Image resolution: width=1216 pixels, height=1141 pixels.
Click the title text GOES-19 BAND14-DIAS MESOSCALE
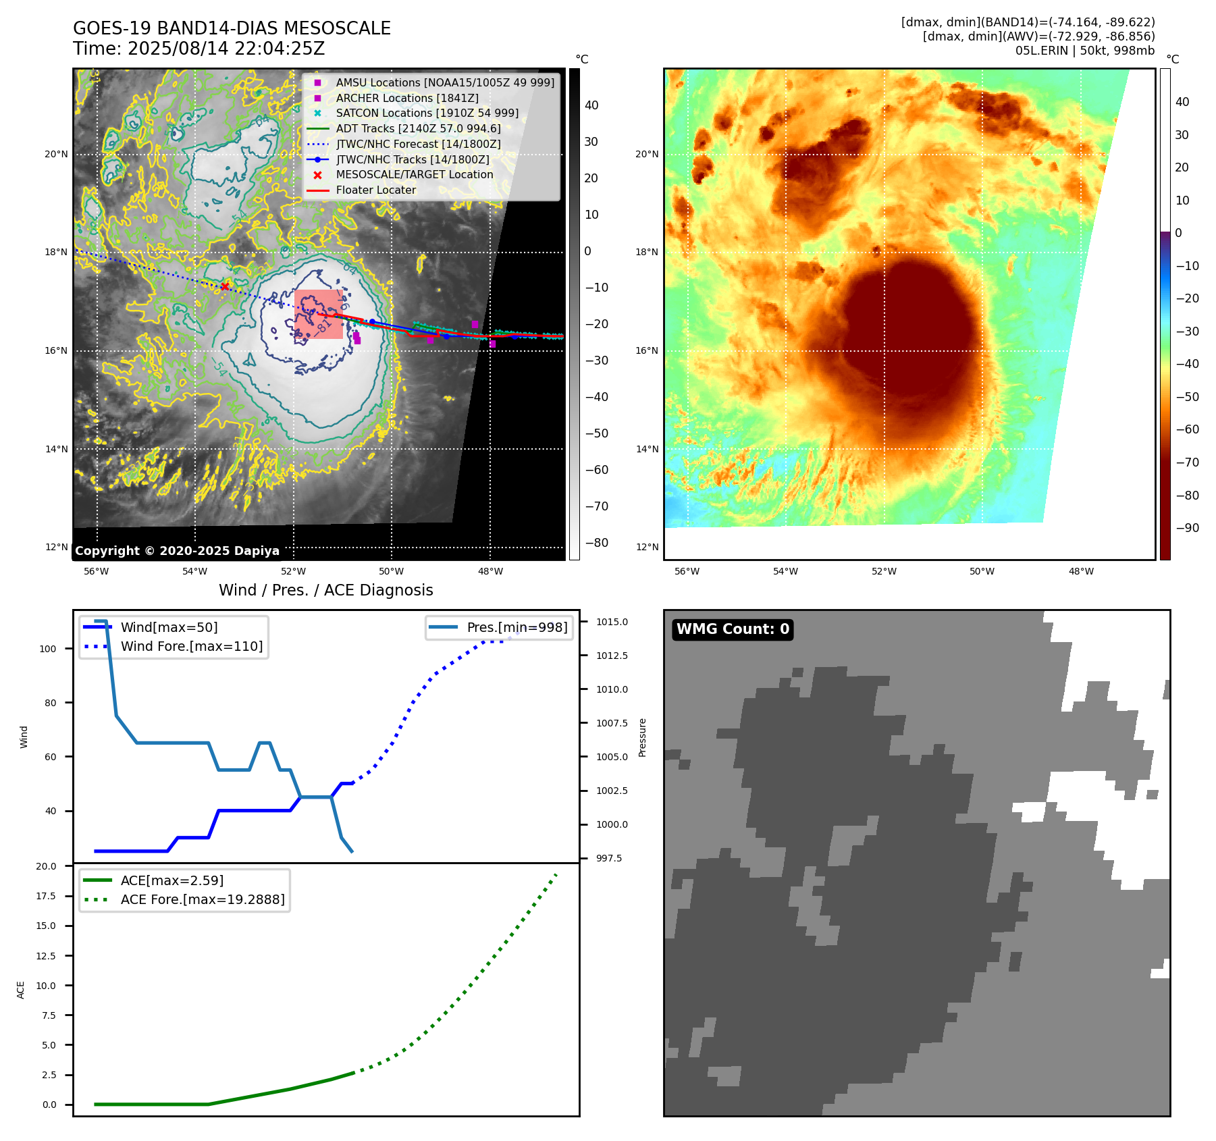(x=232, y=28)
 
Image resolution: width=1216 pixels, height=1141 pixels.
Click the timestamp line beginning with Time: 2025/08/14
(x=199, y=49)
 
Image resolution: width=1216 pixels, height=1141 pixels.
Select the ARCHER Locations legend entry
(x=407, y=98)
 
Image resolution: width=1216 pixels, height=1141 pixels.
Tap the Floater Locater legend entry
(x=375, y=190)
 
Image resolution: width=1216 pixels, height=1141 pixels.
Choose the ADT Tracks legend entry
(x=418, y=128)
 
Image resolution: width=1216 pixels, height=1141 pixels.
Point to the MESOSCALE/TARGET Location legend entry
(x=414, y=174)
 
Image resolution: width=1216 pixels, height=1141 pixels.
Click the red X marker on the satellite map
(x=225, y=287)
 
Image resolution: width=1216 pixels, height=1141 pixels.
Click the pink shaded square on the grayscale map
(x=318, y=314)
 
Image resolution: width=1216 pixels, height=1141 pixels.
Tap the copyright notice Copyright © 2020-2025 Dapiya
(x=177, y=551)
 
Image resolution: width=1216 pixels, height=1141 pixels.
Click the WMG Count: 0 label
(x=733, y=629)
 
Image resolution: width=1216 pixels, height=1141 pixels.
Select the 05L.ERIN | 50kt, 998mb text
(x=1084, y=51)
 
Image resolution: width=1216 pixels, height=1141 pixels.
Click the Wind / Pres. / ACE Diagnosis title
(x=325, y=590)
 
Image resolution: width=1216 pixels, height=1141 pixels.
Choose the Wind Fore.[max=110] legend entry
(x=191, y=646)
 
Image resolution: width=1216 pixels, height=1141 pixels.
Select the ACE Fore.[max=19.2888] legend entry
(x=202, y=899)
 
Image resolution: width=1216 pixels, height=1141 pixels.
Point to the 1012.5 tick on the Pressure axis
(x=611, y=656)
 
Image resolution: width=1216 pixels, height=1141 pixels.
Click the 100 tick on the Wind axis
(x=48, y=649)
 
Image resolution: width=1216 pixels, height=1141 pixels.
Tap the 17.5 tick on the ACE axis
(x=46, y=896)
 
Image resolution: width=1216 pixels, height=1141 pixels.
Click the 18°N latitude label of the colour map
(x=646, y=253)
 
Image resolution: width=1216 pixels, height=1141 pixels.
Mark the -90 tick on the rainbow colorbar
(x=1187, y=528)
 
